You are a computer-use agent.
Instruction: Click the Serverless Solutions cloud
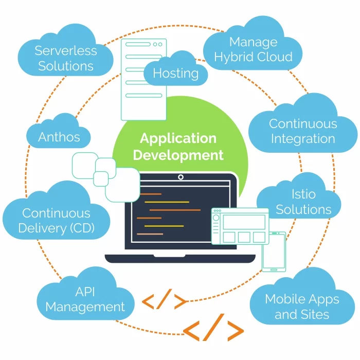click(65, 58)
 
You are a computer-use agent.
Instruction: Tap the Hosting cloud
click(175, 73)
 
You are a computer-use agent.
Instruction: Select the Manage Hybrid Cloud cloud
click(253, 49)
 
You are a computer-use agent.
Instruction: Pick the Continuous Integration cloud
click(303, 131)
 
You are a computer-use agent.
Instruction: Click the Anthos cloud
click(59, 136)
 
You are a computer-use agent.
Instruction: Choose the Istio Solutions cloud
click(303, 202)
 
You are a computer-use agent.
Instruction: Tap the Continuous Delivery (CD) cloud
click(56, 220)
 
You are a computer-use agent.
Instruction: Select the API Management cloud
click(85, 299)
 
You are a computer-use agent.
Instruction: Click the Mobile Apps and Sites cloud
click(302, 306)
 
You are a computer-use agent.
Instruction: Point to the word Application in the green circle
click(178, 138)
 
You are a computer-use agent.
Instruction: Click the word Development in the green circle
click(178, 155)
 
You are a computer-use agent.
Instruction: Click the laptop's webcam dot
click(181, 177)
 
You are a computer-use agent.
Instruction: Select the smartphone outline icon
click(274, 251)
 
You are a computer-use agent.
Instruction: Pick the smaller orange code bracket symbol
click(164, 301)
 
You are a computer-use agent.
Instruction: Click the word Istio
click(303, 194)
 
